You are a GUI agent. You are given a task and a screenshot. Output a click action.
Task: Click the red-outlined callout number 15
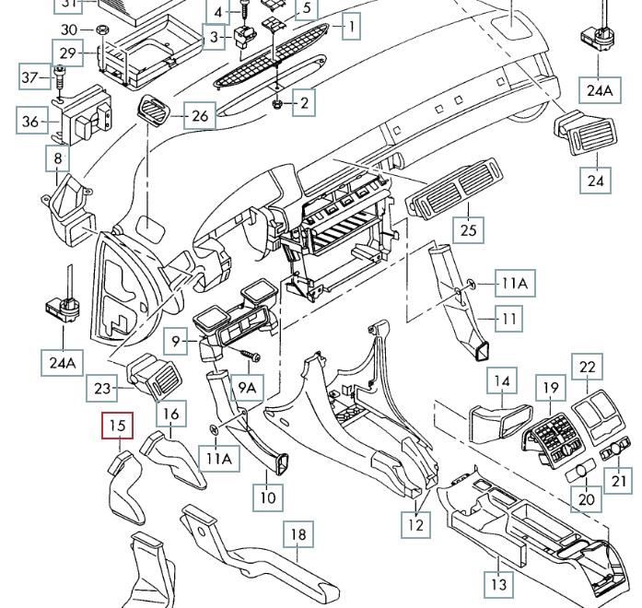[x=117, y=426]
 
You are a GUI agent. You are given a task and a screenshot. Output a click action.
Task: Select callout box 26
[x=200, y=116]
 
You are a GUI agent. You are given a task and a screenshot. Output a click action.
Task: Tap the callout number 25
[x=470, y=229]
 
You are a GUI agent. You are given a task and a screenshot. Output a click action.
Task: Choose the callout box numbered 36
[x=29, y=121]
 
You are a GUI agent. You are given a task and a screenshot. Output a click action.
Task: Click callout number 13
[x=498, y=584]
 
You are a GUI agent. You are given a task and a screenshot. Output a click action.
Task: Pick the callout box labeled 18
[x=298, y=535]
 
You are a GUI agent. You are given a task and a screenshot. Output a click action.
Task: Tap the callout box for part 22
[x=588, y=367]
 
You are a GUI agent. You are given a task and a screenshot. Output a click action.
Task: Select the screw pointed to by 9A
[x=250, y=355]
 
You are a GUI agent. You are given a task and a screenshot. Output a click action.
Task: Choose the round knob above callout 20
[x=581, y=472]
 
